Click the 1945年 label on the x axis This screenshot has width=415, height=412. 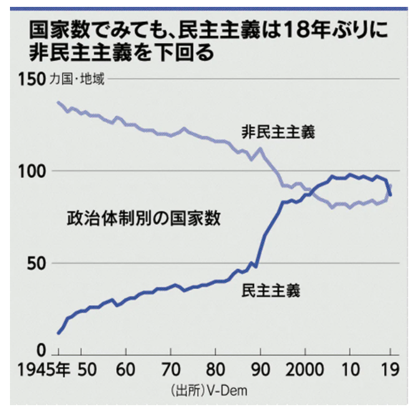click(49, 368)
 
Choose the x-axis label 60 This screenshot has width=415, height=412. click(127, 368)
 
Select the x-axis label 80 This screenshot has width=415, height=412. click(215, 368)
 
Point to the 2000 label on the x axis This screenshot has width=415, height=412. click(305, 368)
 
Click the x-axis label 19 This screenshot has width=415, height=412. click(389, 368)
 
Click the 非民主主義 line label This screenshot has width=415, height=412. click(278, 132)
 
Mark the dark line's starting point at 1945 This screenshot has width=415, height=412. click(58, 333)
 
